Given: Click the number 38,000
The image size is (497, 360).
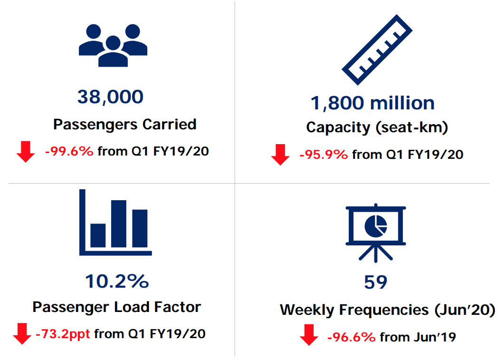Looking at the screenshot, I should click(110, 97).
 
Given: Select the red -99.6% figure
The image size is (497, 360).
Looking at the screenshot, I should click(69, 151).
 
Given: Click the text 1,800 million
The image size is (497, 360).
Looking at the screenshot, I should click(372, 103).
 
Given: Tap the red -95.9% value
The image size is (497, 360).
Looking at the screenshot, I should click(324, 155).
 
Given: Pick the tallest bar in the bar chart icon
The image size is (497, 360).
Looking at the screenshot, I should click(119, 224).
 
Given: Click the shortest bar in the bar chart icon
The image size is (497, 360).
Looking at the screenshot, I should click(98, 235).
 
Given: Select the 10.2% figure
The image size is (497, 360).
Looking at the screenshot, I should click(117, 282).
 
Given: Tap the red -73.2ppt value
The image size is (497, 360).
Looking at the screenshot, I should click(63, 333).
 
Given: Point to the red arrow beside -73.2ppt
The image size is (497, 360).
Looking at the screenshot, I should click(22, 333).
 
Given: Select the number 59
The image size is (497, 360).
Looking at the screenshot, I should click(375, 282).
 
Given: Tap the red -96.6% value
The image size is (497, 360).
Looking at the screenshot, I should click(351, 337).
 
